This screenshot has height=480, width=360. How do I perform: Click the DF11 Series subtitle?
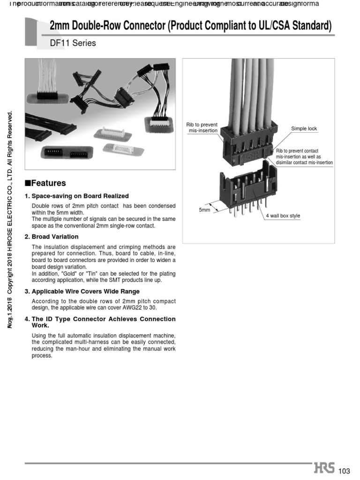point(73,43)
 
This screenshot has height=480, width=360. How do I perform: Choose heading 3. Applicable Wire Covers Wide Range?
point(82,292)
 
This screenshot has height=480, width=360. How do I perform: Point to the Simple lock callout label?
point(304,128)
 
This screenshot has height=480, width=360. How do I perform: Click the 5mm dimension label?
point(204,210)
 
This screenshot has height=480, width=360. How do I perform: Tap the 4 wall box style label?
point(283,216)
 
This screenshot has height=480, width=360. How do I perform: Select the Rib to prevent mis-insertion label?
point(202,127)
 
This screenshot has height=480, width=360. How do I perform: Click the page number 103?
point(344,471)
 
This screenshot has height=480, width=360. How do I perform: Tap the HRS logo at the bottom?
point(324,469)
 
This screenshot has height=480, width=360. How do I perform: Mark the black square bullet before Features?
point(28,183)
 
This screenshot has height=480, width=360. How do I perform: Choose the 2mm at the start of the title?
point(60,25)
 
